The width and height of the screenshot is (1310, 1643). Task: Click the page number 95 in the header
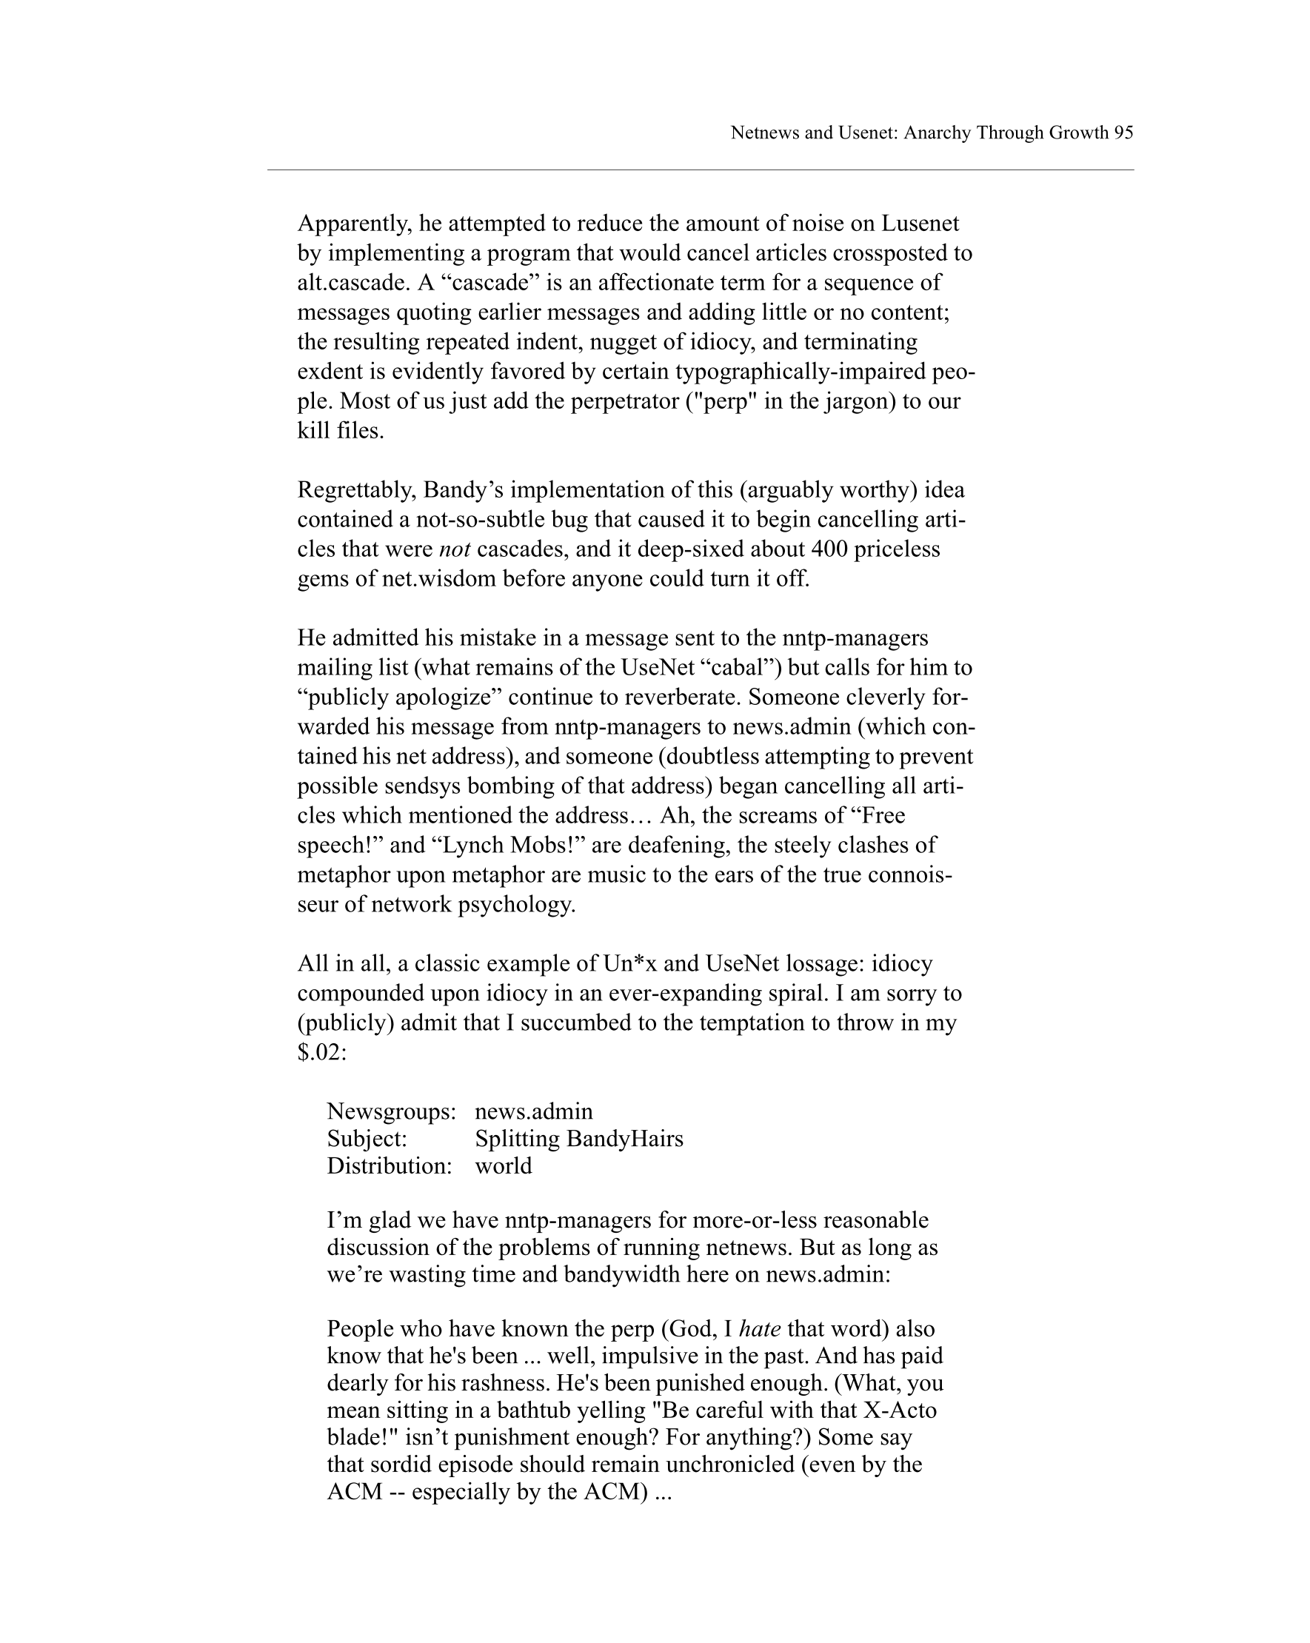1123,133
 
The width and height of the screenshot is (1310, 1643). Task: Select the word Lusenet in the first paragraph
920,224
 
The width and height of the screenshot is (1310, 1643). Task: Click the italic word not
454,549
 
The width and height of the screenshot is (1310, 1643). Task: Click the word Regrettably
357,490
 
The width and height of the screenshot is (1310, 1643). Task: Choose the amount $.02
321,1052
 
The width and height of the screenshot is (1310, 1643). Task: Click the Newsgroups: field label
391,1112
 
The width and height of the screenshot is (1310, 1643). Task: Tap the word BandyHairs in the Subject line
625,1139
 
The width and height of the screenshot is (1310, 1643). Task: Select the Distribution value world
503,1166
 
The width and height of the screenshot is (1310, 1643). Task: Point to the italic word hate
760,1329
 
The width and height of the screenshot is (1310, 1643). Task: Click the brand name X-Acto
899,1411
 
